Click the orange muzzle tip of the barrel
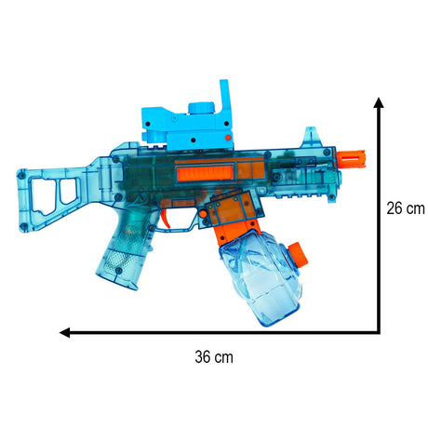point(352,159)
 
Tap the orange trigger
point(165,218)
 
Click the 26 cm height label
point(406,208)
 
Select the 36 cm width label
point(214,357)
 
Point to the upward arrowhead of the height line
point(379,102)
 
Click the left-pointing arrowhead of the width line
point(64,332)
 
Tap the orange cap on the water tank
point(298,254)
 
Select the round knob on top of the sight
point(201,108)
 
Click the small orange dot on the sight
point(228,137)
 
